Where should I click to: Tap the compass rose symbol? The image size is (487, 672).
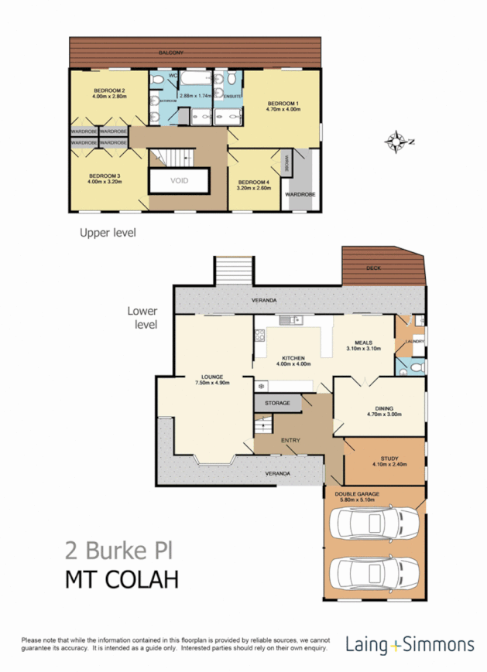(399, 142)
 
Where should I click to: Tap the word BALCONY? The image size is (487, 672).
(170, 52)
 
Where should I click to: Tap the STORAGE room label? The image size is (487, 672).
(276, 403)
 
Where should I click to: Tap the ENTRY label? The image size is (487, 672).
(290, 441)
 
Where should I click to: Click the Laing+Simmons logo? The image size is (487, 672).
(410, 644)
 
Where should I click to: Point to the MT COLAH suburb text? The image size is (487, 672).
(120, 578)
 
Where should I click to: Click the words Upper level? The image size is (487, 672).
(108, 231)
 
